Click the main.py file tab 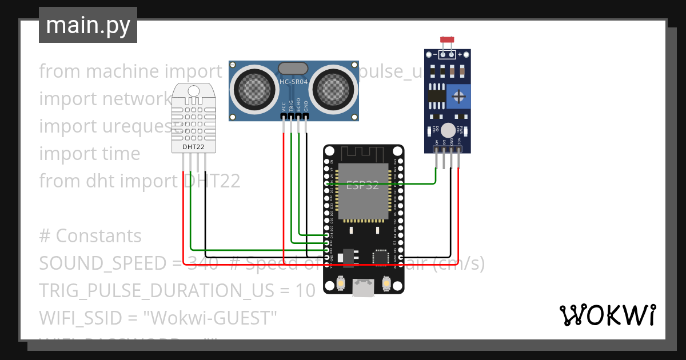(88, 25)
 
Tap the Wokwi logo (607, 315)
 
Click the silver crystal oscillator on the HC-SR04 (294, 69)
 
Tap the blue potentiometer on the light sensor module (457, 95)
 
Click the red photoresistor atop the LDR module (447, 40)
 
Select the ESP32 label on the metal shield (362, 185)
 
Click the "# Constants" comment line (90, 236)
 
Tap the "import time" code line (90, 154)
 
